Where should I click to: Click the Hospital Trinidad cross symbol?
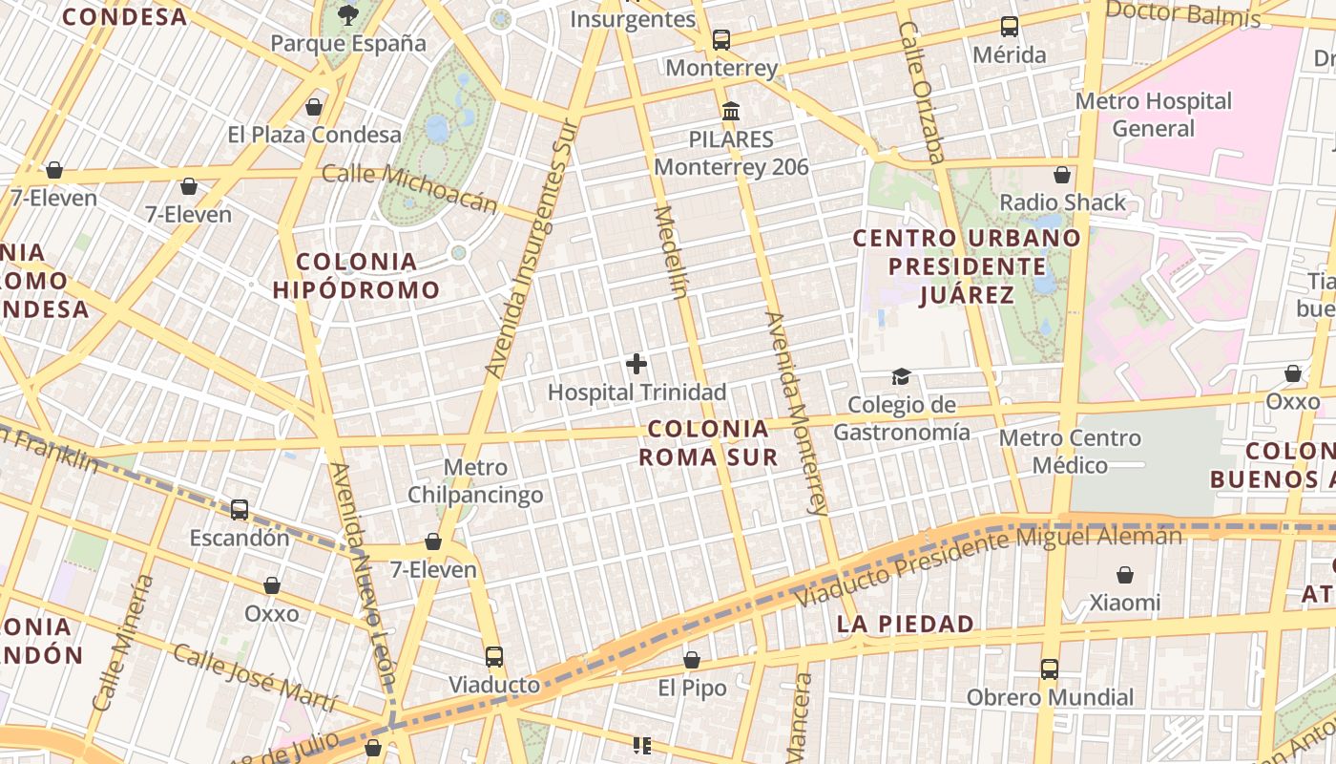(x=637, y=364)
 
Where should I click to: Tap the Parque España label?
(x=348, y=43)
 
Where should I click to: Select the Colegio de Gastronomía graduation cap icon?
(x=901, y=377)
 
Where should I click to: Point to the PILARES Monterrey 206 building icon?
(x=731, y=112)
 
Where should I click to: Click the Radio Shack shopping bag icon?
(x=1062, y=175)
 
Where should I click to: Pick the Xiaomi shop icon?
(x=1125, y=575)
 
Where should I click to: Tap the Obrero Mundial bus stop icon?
(x=1050, y=669)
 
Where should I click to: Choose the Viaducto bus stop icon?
(x=493, y=657)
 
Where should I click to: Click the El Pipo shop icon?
(x=692, y=660)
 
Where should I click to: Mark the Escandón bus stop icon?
(x=240, y=510)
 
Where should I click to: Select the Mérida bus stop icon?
(x=1009, y=27)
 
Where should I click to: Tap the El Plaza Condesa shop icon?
(x=314, y=107)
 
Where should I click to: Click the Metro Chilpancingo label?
(x=475, y=481)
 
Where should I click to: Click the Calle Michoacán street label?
(x=410, y=187)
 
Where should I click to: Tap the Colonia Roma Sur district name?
(x=708, y=443)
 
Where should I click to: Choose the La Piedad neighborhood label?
(x=906, y=625)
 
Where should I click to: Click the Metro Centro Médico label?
(x=1070, y=452)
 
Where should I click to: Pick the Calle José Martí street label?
(x=255, y=678)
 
